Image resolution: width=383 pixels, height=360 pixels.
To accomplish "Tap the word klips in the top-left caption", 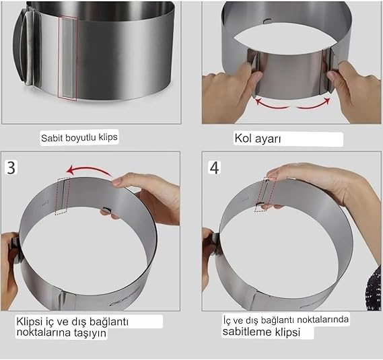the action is coord(108,137).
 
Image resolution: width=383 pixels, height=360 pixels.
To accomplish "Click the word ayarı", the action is coord(268,139).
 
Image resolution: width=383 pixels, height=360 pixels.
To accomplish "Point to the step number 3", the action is coord(11,168).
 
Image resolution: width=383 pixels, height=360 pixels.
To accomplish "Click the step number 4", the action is coord(214,168).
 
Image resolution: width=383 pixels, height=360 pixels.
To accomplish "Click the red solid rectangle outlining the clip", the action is coord(67,59).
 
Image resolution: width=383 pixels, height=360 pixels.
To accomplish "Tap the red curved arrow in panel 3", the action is coord(89,170).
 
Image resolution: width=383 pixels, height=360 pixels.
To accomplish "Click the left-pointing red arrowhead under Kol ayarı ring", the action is coord(258,101).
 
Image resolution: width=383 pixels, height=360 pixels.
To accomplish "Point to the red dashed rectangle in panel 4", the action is coord(265,194).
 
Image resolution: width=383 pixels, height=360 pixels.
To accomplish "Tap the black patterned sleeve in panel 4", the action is coord(374,288).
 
